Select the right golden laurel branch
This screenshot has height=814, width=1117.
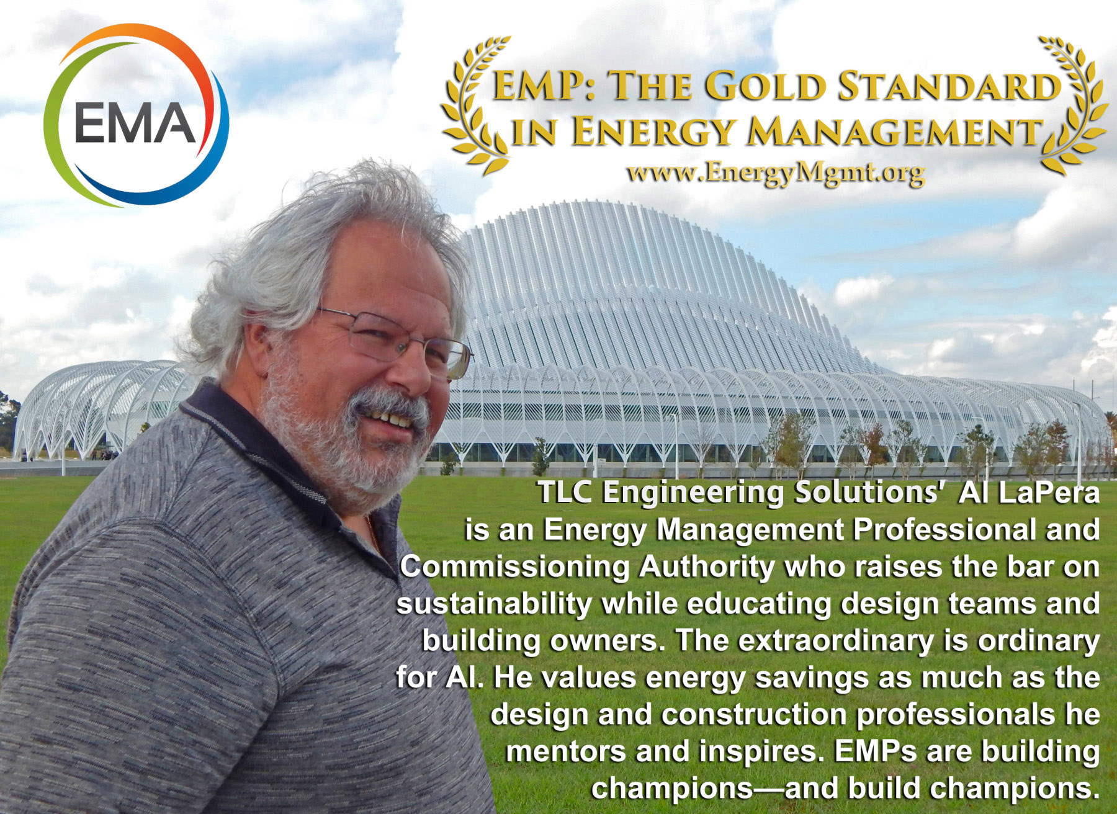1073,105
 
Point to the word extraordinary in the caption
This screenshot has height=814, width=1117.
835,640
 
